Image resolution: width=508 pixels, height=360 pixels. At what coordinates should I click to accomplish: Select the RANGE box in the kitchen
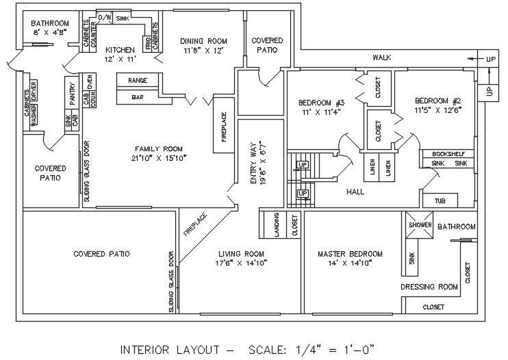point(138,80)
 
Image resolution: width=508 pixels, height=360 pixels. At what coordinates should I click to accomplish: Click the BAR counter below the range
point(138,97)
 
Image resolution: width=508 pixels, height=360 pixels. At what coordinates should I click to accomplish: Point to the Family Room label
point(158,149)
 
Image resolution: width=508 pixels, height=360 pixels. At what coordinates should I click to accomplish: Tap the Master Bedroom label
point(350,254)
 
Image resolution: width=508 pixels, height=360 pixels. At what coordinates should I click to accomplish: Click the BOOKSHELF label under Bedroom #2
point(448,154)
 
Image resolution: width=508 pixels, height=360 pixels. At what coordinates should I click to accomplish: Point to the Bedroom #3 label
point(321,103)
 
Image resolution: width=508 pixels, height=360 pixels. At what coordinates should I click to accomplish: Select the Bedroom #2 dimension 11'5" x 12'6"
point(437,109)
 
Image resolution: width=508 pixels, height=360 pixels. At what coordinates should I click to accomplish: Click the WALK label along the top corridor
point(381,57)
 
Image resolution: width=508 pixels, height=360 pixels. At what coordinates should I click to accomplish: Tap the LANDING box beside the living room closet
point(276,224)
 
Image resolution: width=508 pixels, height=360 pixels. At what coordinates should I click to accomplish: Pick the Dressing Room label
point(429,287)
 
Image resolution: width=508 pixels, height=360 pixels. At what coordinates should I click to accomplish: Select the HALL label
point(355,192)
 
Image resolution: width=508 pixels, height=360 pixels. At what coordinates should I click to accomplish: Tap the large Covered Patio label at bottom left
point(101,254)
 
